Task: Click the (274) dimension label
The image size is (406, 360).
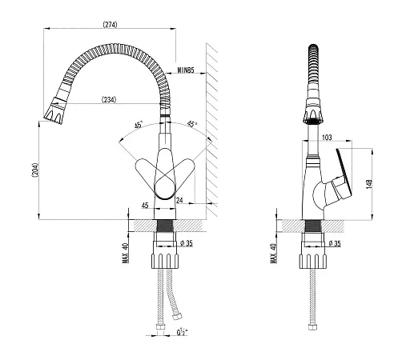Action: point(110,24)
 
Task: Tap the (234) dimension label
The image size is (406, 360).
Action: point(109,100)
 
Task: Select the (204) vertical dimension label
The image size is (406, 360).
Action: point(35,170)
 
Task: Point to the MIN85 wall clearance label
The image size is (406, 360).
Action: point(186,70)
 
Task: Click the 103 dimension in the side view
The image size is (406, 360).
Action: point(327,137)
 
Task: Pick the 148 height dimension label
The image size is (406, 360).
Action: point(369,184)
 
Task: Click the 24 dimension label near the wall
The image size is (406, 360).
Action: point(179,200)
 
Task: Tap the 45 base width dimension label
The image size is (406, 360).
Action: point(145,206)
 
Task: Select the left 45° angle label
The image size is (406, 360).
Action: point(139,125)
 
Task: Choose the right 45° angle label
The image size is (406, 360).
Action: point(191,124)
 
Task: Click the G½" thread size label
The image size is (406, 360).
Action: point(182,332)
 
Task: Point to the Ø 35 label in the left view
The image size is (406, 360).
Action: point(187,243)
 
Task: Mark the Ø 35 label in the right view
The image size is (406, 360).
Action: point(335,243)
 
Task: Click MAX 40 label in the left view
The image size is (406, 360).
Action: point(126,253)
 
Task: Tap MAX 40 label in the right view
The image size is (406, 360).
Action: point(274,254)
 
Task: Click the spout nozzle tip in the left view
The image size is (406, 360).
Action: point(54,114)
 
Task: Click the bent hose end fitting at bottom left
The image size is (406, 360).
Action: point(177,317)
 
